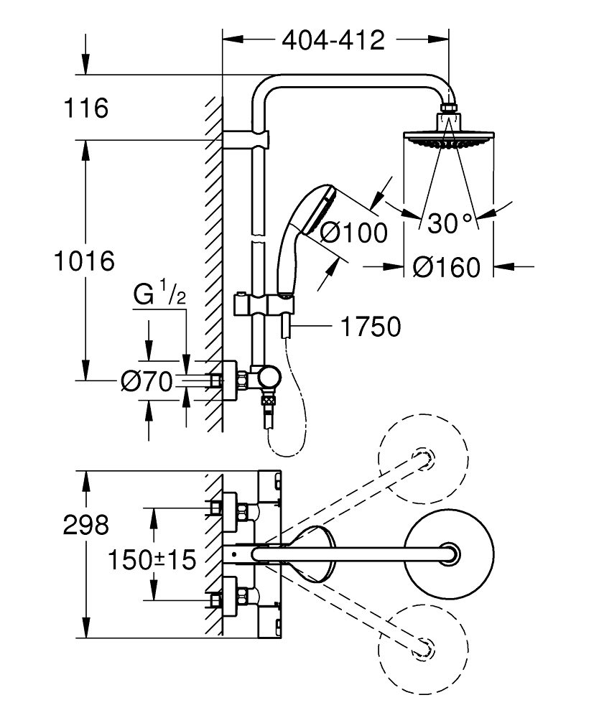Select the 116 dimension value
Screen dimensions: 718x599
tap(84, 110)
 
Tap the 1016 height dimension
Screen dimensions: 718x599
tap(85, 261)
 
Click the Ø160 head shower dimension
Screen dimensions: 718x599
tap(447, 268)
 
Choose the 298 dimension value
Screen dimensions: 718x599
tap(85, 526)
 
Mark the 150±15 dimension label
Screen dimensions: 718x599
tap(154, 559)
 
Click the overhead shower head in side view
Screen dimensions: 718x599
tap(447, 137)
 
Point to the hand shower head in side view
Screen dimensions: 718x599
tap(307, 208)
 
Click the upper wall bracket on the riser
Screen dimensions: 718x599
tap(246, 138)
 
